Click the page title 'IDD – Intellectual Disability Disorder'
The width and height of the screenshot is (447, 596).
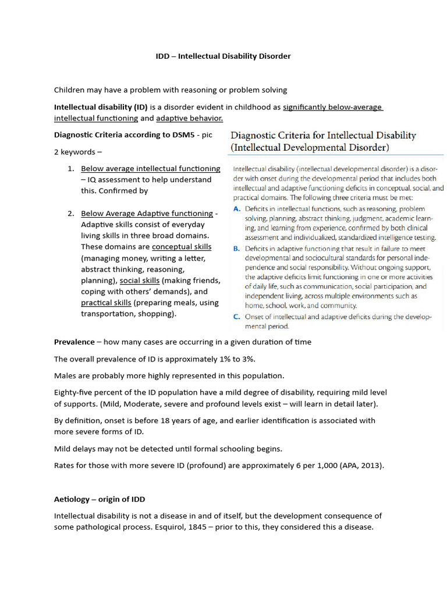coord(223,56)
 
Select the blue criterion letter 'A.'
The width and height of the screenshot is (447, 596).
coord(237,208)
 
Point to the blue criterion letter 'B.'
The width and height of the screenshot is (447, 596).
coord(237,248)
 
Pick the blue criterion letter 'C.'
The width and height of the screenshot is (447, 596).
coord(237,317)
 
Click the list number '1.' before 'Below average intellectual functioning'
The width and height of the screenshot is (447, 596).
coord(70,169)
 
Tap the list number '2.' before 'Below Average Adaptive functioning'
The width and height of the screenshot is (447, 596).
coord(70,214)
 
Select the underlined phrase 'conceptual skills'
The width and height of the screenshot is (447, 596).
coord(182,247)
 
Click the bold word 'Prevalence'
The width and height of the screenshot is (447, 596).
coord(74,342)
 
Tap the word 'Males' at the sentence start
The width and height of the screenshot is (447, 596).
coord(65,375)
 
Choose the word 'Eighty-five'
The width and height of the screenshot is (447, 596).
coord(74,392)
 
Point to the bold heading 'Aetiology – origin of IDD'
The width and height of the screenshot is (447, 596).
coord(100,499)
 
